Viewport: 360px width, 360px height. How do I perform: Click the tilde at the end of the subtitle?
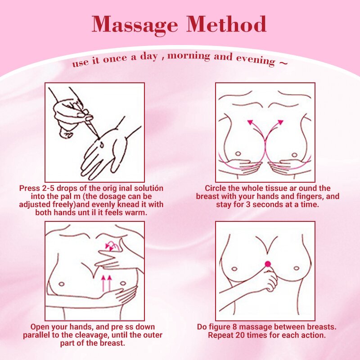point(283,62)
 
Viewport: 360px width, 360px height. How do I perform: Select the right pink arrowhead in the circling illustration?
point(280,121)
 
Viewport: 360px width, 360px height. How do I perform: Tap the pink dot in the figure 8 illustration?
point(268,263)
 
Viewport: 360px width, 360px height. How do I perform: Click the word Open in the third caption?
point(39,327)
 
